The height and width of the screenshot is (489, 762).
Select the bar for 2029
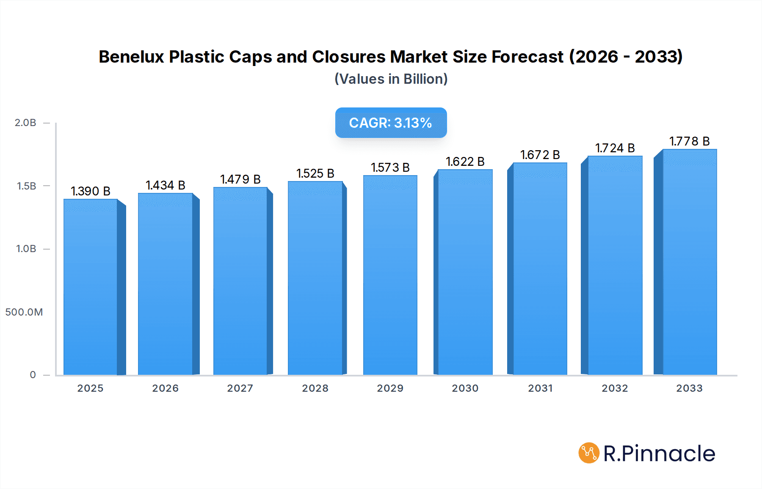click(390, 275)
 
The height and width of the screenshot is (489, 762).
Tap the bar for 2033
click(690, 262)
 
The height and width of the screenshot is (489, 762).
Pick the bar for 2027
click(240, 281)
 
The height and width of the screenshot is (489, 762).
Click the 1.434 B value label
click(166, 185)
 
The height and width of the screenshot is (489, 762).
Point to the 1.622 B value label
click(465, 162)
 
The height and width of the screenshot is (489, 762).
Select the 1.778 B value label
click(689, 141)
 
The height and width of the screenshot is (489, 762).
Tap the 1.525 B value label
click(315, 173)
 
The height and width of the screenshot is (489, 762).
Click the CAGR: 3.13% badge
click(391, 123)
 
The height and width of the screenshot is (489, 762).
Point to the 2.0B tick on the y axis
click(25, 123)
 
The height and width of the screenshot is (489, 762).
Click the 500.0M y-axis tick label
click(24, 312)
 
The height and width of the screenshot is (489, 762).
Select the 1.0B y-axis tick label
click(26, 249)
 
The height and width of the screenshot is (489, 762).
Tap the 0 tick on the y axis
click(33, 375)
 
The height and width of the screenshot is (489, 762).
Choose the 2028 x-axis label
click(315, 388)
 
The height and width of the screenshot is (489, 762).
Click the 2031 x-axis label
click(540, 388)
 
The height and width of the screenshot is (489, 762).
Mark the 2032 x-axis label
click(615, 388)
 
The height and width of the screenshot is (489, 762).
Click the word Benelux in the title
click(131, 57)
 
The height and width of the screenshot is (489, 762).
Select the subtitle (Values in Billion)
click(391, 79)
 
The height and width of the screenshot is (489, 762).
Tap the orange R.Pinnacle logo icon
click(589, 453)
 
